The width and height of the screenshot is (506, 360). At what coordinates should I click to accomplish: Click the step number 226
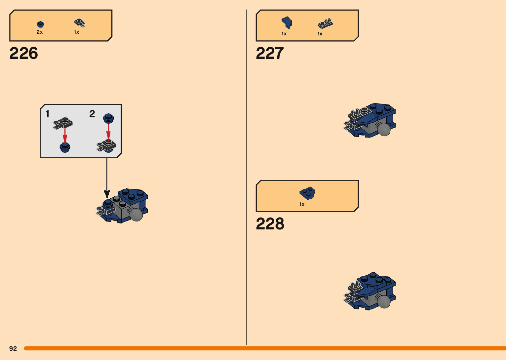click(x=24, y=53)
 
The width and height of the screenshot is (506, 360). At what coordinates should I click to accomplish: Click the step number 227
click(x=270, y=53)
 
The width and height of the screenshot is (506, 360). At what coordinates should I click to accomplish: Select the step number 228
click(x=270, y=224)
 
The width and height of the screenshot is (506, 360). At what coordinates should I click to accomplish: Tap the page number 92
click(x=13, y=348)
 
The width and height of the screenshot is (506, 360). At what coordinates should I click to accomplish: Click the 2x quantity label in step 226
click(x=40, y=32)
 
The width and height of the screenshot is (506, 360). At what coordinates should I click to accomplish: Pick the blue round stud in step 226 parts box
click(x=40, y=24)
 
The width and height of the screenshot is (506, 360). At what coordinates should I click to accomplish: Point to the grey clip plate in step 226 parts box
click(x=79, y=23)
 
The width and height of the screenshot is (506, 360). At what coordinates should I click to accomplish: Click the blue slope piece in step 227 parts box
click(x=287, y=22)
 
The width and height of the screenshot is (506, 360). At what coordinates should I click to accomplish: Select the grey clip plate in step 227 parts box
click(x=325, y=24)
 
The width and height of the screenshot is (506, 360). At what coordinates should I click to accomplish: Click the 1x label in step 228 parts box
click(x=302, y=204)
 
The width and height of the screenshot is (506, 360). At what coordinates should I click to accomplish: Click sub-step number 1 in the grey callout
click(x=48, y=114)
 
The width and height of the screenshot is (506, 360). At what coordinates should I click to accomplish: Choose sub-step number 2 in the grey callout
click(x=92, y=114)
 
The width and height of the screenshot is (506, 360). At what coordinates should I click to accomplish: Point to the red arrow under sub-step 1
click(x=65, y=136)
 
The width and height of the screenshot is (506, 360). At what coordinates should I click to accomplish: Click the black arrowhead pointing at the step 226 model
click(x=107, y=194)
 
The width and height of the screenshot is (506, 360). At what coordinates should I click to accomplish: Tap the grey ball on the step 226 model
click(x=136, y=215)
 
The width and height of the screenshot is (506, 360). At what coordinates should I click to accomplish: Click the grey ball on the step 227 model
click(x=384, y=130)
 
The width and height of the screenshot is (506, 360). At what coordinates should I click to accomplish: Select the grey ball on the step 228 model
click(x=384, y=301)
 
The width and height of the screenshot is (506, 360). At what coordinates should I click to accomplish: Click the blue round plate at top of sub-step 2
click(x=108, y=118)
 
